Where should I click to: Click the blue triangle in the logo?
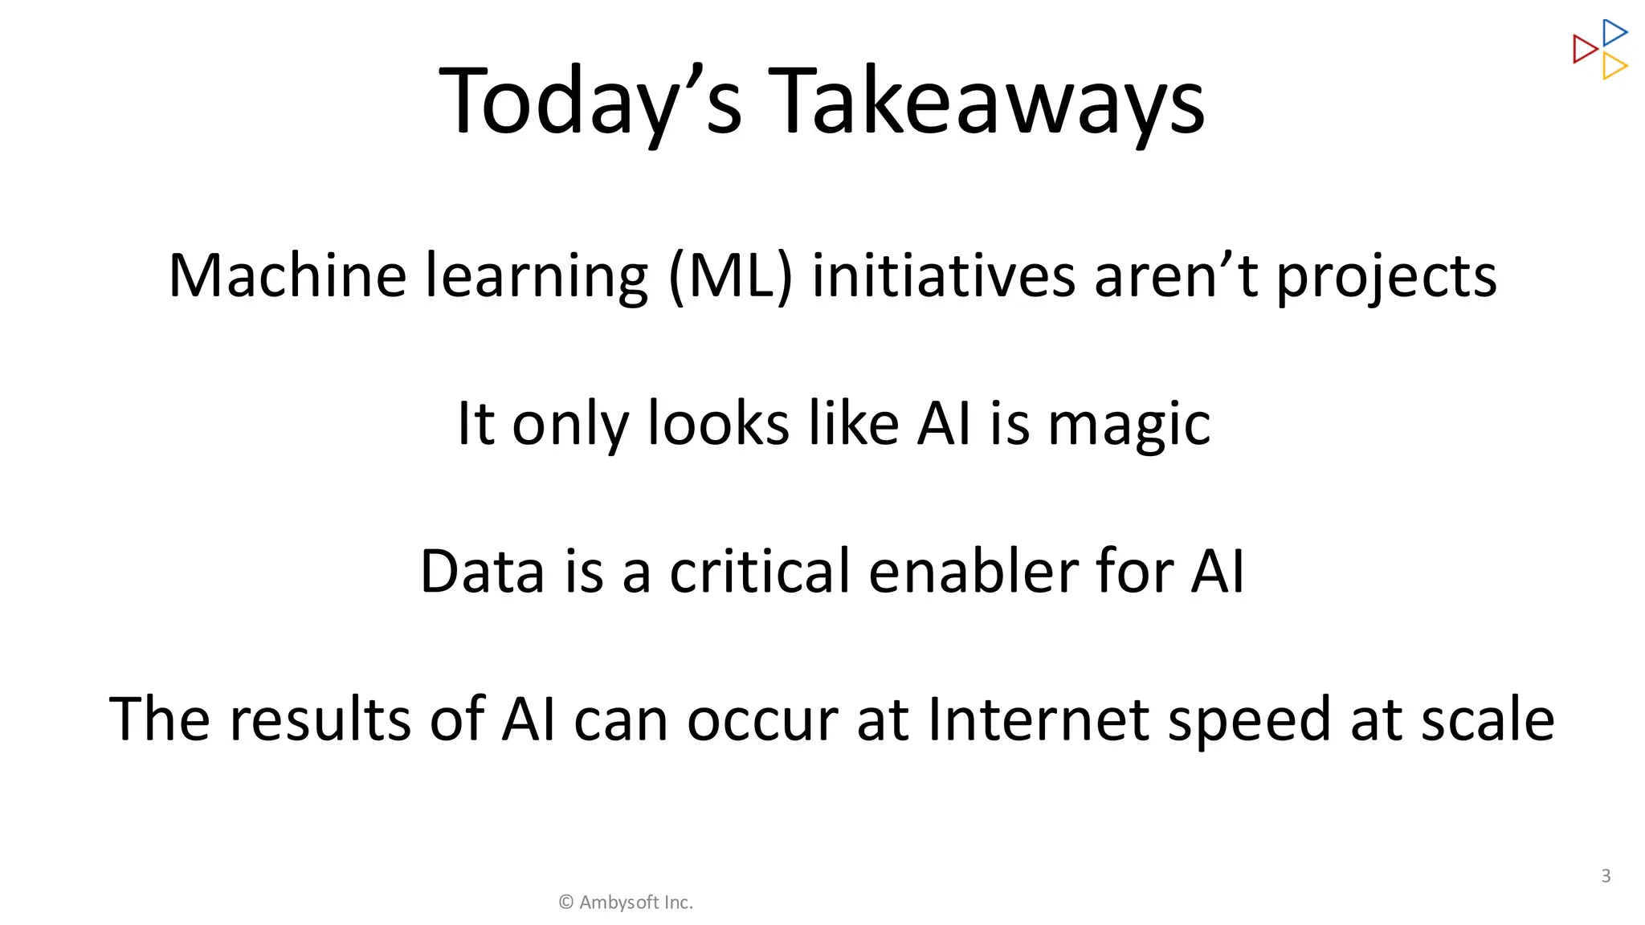click(1614, 33)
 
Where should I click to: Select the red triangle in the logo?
click(1584, 49)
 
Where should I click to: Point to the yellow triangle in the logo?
click(1614, 66)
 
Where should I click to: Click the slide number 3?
click(1606, 876)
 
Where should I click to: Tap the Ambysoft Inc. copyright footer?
click(626, 903)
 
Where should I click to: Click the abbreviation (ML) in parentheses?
click(730, 276)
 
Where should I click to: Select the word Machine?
click(287, 276)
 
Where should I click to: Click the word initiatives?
click(943, 276)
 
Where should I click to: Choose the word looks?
click(718, 424)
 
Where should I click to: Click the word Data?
click(482, 572)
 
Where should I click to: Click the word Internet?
click(1038, 719)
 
